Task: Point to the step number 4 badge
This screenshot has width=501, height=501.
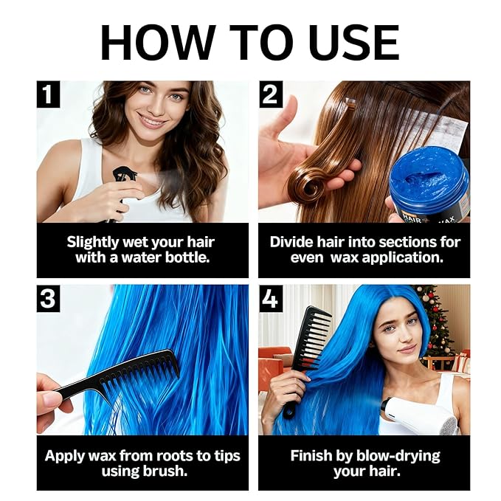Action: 270,299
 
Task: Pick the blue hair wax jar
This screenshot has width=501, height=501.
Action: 429,184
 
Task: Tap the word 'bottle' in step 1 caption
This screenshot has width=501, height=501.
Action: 184,258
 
